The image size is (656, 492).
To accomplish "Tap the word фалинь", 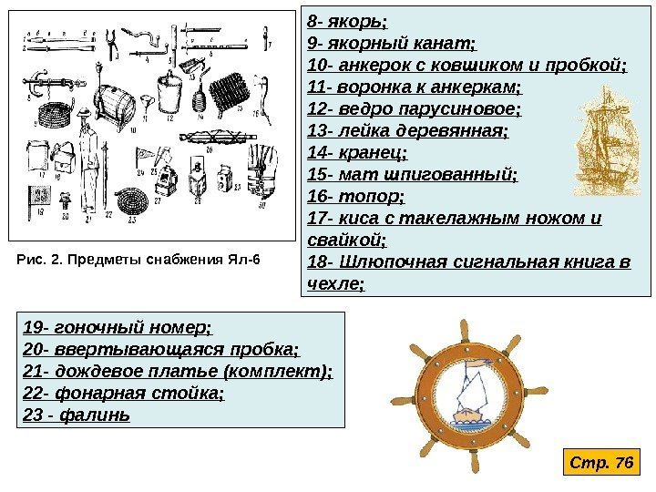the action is point(100,415).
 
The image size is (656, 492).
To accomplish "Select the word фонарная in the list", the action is point(86,393).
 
